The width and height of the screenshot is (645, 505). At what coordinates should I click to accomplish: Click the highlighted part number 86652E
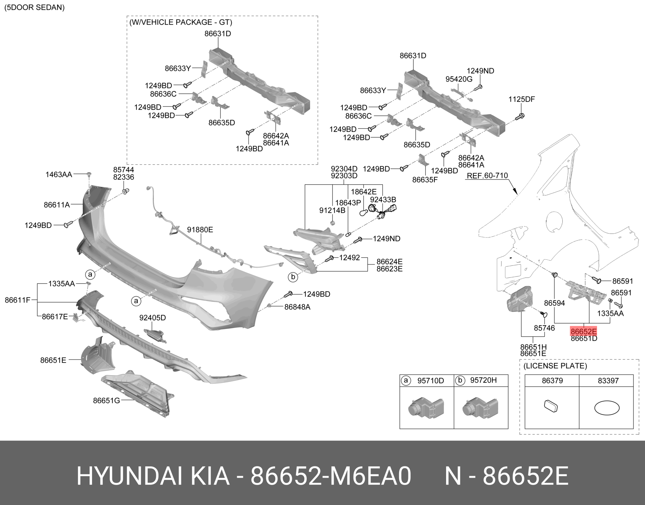(584, 332)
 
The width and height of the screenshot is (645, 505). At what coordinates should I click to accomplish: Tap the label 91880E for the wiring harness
(200, 230)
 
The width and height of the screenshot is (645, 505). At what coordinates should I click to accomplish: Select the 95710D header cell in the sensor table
(430, 380)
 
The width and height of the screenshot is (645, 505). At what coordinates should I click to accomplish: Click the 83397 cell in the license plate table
(608, 381)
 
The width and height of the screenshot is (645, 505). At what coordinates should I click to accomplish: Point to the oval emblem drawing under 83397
(607, 408)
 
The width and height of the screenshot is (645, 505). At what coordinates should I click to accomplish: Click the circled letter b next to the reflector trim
(293, 277)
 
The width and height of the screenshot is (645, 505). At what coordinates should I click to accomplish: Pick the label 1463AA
(59, 174)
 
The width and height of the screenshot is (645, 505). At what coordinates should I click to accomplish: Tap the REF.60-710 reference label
(487, 175)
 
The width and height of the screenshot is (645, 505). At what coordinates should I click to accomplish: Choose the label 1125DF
(521, 99)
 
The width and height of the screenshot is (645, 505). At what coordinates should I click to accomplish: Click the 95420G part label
(459, 79)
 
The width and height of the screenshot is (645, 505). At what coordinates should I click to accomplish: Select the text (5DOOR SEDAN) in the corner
(34, 7)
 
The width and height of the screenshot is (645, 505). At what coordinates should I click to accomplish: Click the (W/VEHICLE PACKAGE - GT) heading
(181, 23)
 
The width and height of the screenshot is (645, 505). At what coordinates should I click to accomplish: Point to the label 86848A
(297, 307)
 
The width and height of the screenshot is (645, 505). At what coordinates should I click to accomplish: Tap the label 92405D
(153, 318)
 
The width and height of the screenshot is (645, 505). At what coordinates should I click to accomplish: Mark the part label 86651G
(106, 401)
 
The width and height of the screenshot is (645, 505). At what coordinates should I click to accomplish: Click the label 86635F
(425, 180)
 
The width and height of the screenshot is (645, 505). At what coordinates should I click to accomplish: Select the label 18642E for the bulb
(363, 192)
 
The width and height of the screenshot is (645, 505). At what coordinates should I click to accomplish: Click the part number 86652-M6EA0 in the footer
(331, 476)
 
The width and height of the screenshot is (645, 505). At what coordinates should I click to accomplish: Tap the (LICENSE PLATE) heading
(555, 366)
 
